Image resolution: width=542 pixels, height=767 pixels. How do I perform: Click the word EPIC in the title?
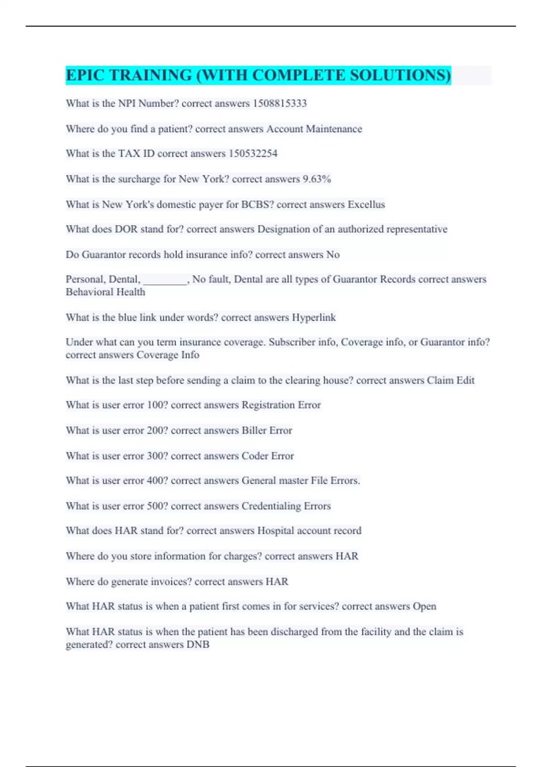pyautogui.click(x=84, y=75)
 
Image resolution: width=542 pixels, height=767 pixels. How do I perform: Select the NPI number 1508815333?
pyautogui.click(x=280, y=103)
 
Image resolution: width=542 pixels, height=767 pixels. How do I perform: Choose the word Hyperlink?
pyautogui.click(x=313, y=318)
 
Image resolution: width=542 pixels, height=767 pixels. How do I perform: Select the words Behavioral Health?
pyautogui.click(x=106, y=292)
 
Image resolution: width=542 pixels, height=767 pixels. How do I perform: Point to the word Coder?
pyautogui.click(x=255, y=456)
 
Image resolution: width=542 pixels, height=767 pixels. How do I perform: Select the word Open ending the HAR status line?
pyautogui.click(x=425, y=606)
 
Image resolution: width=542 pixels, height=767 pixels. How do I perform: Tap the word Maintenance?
pyautogui.click(x=334, y=129)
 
